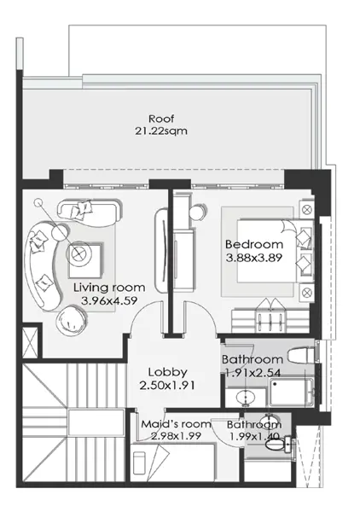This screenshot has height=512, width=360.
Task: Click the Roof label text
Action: tap(161, 119)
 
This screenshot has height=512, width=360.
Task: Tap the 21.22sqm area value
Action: tap(161, 131)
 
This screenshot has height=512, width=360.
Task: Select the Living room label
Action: tap(109, 288)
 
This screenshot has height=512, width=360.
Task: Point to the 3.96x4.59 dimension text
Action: tap(109, 300)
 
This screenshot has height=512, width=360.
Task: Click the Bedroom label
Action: tap(254, 245)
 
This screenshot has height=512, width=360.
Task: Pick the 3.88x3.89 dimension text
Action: tap(254, 258)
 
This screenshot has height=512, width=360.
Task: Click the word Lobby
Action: tap(168, 372)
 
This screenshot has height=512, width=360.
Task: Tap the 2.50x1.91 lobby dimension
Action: tap(167, 386)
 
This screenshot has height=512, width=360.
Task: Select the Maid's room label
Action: tap(177, 424)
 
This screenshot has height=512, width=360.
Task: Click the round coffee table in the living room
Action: tap(78, 253)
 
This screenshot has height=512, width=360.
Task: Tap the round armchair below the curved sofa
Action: tap(72, 319)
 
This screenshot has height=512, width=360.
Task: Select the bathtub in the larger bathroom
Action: tap(292, 393)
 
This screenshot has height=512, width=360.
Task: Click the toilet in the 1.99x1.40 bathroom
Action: tap(278, 445)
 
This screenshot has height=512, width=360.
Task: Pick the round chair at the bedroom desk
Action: tap(198, 212)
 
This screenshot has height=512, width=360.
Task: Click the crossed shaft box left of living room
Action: tap(30, 342)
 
